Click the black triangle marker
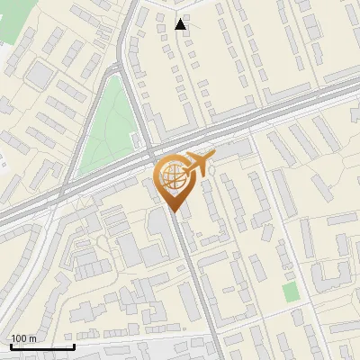181,24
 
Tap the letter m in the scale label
32,338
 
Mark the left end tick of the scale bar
11,345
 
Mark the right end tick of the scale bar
74,345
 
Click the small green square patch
289,292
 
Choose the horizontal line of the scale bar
42,346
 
